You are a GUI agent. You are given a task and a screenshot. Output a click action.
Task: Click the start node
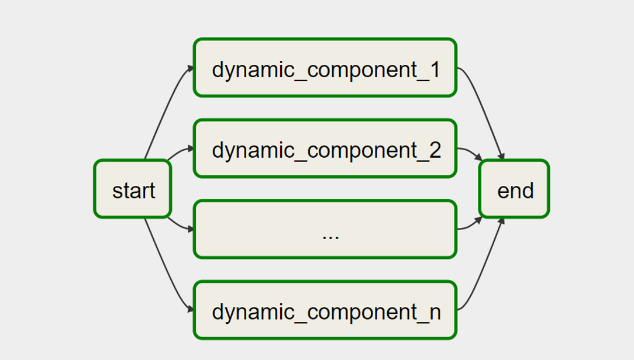(133, 189)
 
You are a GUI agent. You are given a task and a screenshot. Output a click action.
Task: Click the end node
(514, 189)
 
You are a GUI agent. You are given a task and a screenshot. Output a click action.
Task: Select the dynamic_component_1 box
(325, 68)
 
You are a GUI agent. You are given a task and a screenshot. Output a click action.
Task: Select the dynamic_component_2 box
(325, 148)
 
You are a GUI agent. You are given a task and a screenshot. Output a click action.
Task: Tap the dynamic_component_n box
(325, 310)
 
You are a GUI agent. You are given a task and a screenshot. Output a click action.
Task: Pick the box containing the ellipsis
(325, 229)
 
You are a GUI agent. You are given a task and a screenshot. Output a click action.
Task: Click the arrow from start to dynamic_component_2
(178, 151)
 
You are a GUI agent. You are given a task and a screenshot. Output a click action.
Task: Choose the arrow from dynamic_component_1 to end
(483, 111)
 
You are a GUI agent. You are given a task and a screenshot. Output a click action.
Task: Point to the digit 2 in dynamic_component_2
(434, 150)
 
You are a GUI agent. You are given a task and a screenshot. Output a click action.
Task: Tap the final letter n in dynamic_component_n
(435, 312)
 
